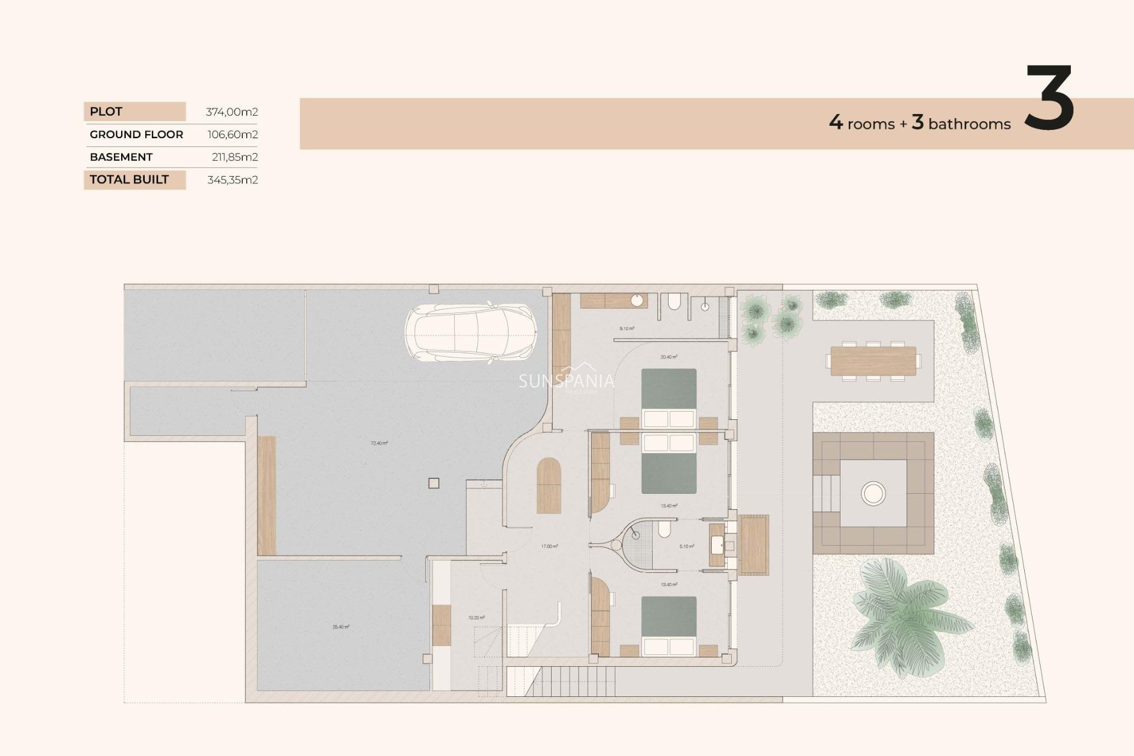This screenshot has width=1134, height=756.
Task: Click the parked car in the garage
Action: pos(471,333)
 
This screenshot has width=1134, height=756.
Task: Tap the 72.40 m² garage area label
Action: pos(379,443)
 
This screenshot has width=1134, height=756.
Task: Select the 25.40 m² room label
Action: pos(341,627)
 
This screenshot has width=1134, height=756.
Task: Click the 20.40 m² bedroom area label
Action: pos(669,357)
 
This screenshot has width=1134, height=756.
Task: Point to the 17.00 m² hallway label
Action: pos(549,546)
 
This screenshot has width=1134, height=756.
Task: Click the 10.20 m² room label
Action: pos(476,618)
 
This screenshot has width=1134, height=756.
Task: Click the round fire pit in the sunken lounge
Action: pos(873,493)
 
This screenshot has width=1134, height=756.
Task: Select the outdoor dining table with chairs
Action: pos(873,361)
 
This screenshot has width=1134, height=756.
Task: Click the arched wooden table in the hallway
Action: pos(549,485)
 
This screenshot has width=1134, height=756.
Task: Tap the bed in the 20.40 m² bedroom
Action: pos(669,397)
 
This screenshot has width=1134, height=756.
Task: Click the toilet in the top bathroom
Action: pos(674,302)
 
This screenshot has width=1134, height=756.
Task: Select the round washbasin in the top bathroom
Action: pos(637,301)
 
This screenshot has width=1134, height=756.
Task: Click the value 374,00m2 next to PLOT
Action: pos(232,112)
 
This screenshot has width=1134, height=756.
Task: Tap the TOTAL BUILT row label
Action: pos(129,180)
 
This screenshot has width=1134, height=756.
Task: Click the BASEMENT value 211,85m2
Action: pos(234,157)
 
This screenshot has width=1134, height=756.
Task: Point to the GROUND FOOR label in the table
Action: pos(136,135)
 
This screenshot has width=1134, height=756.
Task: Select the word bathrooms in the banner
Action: pos(969,125)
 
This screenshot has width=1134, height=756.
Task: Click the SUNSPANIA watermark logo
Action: pos(566,381)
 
